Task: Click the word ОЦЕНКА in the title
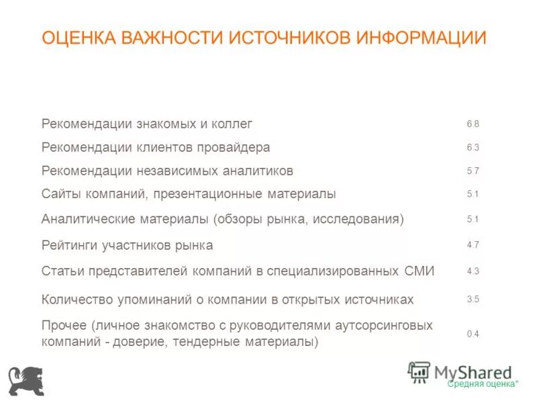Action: click(79, 37)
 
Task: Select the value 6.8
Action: click(473, 124)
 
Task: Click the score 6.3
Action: click(473, 148)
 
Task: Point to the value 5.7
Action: click(473, 171)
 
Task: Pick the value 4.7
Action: click(473, 245)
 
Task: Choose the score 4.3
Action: click(473, 271)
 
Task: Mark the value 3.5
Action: click(473, 300)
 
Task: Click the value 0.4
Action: click(473, 334)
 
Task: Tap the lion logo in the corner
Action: click(26, 381)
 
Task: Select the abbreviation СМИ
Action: click(420, 271)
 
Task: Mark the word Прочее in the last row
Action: click(64, 326)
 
